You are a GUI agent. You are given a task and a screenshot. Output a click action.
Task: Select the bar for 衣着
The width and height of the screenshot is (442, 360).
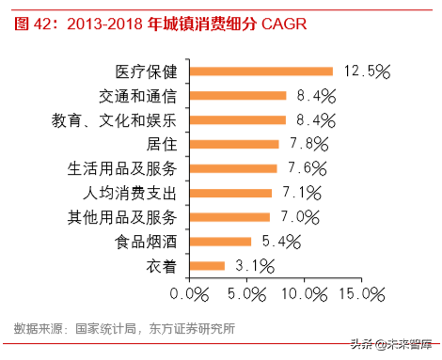click(x=208, y=266)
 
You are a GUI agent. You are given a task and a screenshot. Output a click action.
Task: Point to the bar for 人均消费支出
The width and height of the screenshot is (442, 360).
click(x=230, y=193)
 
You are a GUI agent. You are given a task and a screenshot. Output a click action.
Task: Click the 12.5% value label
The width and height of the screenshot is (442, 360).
click(x=367, y=70)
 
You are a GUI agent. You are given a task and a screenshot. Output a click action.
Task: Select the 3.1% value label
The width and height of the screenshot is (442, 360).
click(x=253, y=266)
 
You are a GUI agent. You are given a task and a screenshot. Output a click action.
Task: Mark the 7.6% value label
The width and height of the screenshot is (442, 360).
click(x=305, y=168)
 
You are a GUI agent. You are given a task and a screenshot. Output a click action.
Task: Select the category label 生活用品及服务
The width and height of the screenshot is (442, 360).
click(x=127, y=168)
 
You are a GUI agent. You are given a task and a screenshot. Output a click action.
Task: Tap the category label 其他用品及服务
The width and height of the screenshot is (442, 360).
click(x=127, y=217)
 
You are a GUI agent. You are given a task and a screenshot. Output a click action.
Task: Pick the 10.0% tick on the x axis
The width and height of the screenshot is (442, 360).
click(x=304, y=294)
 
